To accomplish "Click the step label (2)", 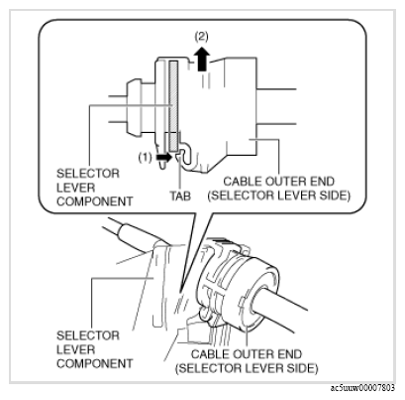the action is click(201, 36).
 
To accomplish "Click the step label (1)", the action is click(145, 157).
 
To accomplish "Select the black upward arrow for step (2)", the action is click(202, 59).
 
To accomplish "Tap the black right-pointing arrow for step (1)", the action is click(163, 157).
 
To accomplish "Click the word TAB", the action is click(180, 196).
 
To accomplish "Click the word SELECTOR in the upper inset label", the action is click(88, 174).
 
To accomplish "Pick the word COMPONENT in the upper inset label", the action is click(95, 201).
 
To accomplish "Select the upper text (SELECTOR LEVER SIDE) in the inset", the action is click(278, 196).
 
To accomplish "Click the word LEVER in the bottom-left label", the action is click(76, 349).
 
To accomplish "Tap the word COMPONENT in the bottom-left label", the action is click(95, 363).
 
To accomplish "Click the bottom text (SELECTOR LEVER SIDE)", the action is click(247, 368).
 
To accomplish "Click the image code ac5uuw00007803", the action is click(362, 387).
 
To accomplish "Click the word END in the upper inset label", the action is click(323, 182).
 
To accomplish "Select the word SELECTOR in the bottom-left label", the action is click(88, 335).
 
